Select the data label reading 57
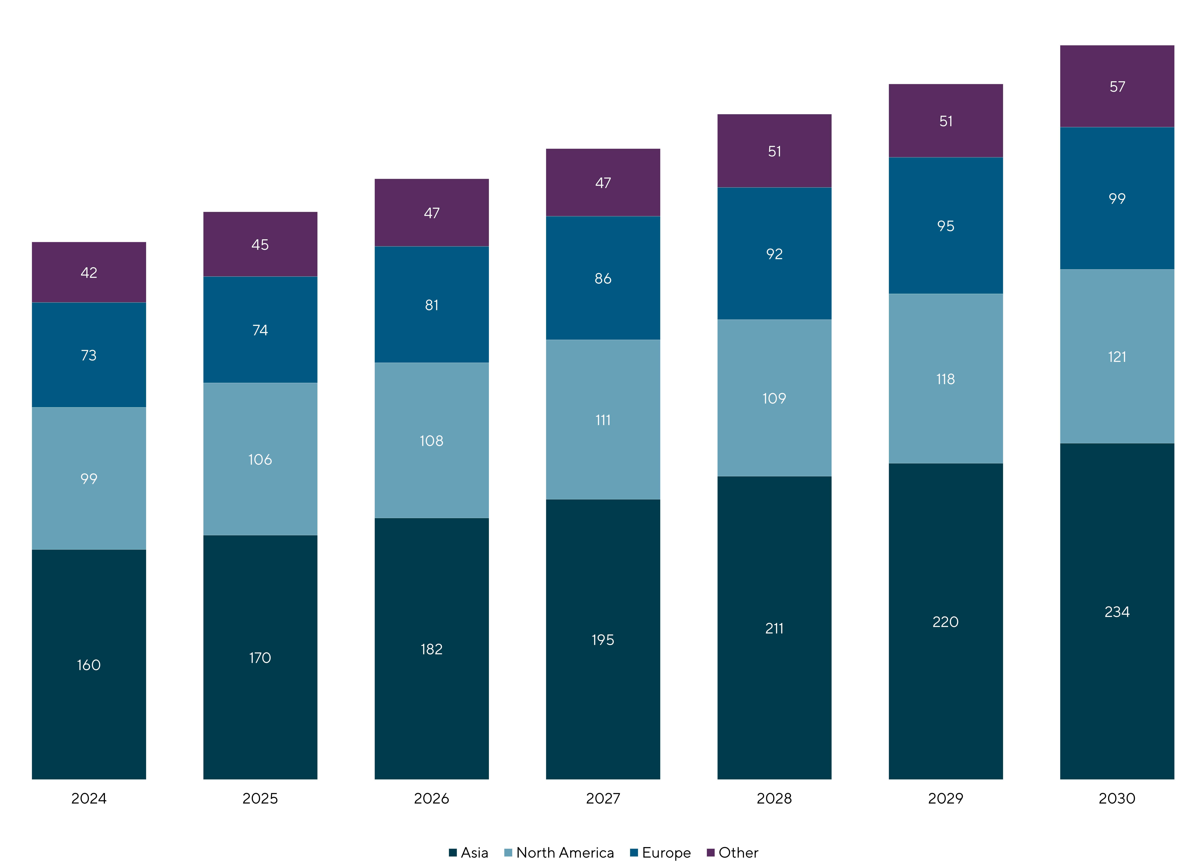(1117, 86)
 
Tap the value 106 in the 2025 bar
(260, 459)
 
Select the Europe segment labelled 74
(260, 329)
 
